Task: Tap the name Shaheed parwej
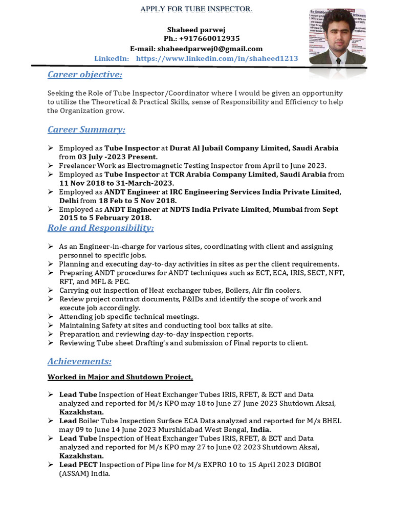(196, 30)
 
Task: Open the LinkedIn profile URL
(217, 59)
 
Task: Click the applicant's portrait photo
(337, 36)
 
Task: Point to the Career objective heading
(84, 75)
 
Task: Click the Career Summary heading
(86, 129)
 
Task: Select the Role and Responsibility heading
(100, 227)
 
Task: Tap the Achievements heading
(79, 362)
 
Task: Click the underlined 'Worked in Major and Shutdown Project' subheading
(120, 378)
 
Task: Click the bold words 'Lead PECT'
(78, 465)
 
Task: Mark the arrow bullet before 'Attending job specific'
(51, 316)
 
